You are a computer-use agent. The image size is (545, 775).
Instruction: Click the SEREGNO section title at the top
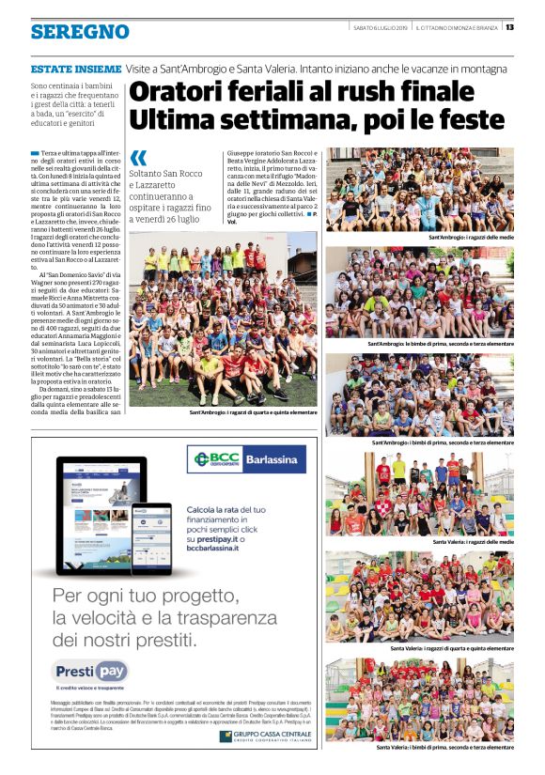coord(80,32)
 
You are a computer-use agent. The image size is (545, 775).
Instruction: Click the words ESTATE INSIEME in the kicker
coord(76,69)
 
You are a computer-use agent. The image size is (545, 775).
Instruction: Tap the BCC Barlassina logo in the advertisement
coord(246,459)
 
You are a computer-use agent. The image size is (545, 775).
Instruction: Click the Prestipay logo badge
coord(90,672)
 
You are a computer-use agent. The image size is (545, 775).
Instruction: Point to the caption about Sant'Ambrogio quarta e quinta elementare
coord(253,412)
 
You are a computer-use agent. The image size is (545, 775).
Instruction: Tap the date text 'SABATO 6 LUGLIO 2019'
coord(381,26)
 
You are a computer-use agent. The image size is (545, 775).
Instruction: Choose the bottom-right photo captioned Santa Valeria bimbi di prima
coord(420,698)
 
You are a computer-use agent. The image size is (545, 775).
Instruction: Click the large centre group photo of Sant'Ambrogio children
coord(223,320)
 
